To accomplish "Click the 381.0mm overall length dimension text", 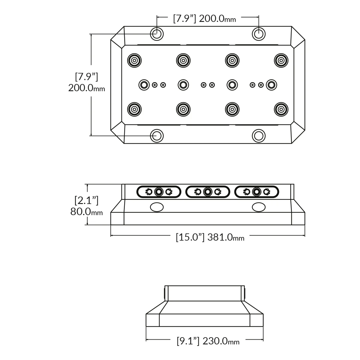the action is click(226, 237).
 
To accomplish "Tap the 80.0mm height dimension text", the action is click(86, 212).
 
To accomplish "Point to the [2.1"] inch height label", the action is click(86, 200).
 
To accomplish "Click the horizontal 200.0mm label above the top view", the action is click(217, 19).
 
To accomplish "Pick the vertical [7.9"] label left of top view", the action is click(86, 76).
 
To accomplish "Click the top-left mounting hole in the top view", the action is click(157, 34).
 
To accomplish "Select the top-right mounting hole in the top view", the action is click(259, 34).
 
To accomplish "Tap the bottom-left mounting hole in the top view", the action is click(157, 136).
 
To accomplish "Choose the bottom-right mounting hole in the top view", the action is click(259, 136).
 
